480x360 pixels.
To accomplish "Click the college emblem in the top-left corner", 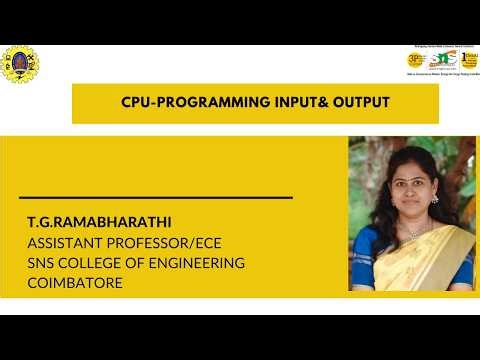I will pos(19,63).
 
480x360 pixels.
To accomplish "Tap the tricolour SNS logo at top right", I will pos(438,60).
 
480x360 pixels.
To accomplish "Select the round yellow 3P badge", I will pos(415,60).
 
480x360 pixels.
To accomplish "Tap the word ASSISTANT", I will pos(67,242).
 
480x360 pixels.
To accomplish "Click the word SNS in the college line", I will pos(44,263).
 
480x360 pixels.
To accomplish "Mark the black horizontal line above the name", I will pos(156,198).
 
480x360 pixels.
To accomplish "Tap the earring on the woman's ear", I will pos(433,199).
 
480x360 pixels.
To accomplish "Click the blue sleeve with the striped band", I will pos(365,262).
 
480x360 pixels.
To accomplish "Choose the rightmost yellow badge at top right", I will pos(466,60).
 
